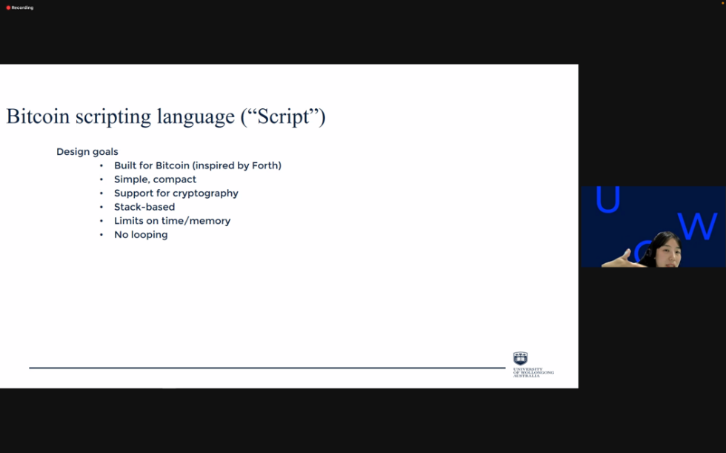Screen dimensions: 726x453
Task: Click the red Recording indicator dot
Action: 8,8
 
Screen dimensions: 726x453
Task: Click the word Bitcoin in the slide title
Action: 38,116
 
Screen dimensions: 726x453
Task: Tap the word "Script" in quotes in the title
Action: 283,116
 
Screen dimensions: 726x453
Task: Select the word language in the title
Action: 196,117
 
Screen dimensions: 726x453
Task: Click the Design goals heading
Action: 87,152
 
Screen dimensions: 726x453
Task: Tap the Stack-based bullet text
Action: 144,207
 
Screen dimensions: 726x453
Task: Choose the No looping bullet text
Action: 141,235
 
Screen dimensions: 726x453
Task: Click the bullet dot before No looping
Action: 101,235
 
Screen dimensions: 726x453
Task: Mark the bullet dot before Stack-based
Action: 101,207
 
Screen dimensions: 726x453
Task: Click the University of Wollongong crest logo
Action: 520,359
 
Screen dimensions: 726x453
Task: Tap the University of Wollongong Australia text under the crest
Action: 533,372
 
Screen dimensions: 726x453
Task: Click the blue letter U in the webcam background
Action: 607,199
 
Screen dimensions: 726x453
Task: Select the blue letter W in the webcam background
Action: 697,226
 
